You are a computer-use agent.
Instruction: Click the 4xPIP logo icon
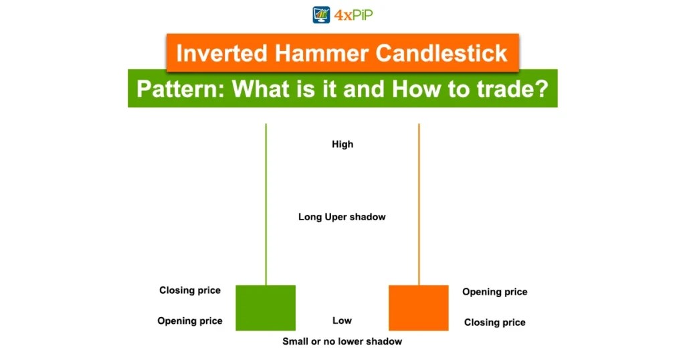pos(322,15)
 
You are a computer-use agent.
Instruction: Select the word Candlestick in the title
pos(442,53)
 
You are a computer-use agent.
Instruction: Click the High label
pos(342,144)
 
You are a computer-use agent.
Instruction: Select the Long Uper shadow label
pos(342,217)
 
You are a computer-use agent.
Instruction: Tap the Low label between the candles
pos(342,321)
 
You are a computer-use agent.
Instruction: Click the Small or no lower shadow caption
pos(342,341)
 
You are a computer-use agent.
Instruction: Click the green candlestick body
pos(266,308)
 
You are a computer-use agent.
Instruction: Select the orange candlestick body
pos(419,308)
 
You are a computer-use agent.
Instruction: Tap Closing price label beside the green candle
pos(190,290)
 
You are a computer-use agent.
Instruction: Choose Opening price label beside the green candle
pos(190,321)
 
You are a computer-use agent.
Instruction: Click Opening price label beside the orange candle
pos(494,292)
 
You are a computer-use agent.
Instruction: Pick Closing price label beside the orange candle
pos(494,323)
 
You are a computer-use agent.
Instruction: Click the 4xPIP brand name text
pos(353,15)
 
